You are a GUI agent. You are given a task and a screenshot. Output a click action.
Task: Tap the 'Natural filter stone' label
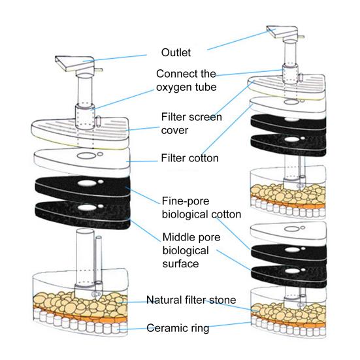(191, 301)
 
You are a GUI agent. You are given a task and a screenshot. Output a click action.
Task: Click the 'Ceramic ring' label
(178, 329)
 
